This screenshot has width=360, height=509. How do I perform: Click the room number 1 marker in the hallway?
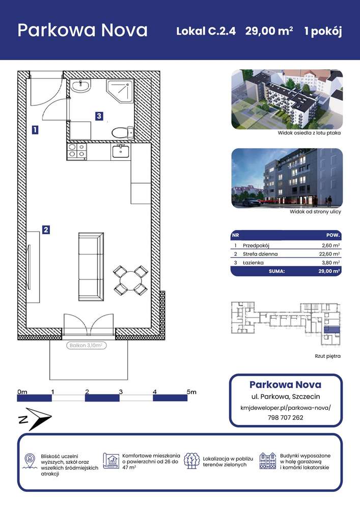pyautogui.click(x=35, y=130)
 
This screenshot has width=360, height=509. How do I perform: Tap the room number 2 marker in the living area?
pyautogui.click(x=46, y=230)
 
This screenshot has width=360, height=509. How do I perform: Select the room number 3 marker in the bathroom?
pyautogui.click(x=99, y=116)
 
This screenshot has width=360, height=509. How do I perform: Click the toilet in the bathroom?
pyautogui.click(x=123, y=132)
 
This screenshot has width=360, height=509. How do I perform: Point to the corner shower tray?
pyautogui.click(x=120, y=91)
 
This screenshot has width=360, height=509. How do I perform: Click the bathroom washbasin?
pyautogui.click(x=80, y=86)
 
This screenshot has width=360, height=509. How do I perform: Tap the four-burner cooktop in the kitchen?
pyautogui.click(x=76, y=151)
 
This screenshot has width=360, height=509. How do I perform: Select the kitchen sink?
pyautogui.click(x=121, y=151)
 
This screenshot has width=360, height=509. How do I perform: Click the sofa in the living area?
pyautogui.click(x=91, y=267)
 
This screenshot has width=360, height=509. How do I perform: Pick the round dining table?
pyautogui.click(x=130, y=280)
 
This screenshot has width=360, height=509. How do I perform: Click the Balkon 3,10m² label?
pyautogui.click(x=86, y=346)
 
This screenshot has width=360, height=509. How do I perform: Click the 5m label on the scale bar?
pyautogui.click(x=191, y=392)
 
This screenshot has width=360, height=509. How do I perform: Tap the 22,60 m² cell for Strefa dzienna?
pyautogui.click(x=329, y=254)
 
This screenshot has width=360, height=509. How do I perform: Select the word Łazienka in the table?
pyautogui.click(x=253, y=263)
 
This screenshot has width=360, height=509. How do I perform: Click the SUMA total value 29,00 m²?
pyautogui.click(x=329, y=271)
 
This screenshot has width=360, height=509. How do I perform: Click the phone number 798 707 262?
pyautogui.click(x=285, y=417)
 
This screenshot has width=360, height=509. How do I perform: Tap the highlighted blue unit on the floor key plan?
pyautogui.click(x=331, y=329)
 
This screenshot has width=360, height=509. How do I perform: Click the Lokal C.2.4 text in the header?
pyautogui.click(x=206, y=31)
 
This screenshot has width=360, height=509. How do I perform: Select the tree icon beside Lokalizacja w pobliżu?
pyautogui.click(x=192, y=461)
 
